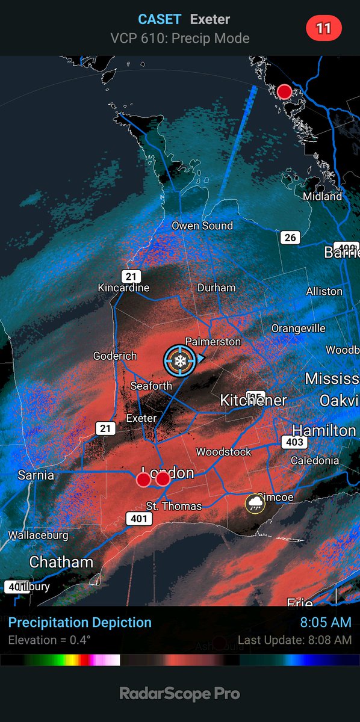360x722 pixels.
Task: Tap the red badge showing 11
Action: pyautogui.click(x=324, y=28)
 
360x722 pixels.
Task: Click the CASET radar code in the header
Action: pyautogui.click(x=160, y=19)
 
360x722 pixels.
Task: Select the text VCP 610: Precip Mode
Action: pyautogui.click(x=179, y=39)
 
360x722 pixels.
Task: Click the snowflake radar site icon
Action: pyautogui.click(x=179, y=360)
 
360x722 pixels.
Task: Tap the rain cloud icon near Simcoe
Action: pyautogui.click(x=255, y=503)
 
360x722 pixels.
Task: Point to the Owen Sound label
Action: pyautogui.click(x=202, y=226)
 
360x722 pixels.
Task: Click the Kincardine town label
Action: pyautogui.click(x=123, y=288)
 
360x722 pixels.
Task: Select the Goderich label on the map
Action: pyautogui.click(x=115, y=356)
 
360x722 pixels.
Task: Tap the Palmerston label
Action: pyautogui.click(x=213, y=342)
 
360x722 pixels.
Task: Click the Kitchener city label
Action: pyautogui.click(x=253, y=400)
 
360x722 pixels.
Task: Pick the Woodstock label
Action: pyautogui.click(x=223, y=451)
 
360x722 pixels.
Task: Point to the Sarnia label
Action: pyautogui.click(x=36, y=475)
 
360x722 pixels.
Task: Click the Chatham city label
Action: pyautogui.click(x=61, y=563)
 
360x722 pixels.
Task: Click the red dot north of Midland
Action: pyautogui.click(x=284, y=91)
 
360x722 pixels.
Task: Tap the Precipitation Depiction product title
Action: pyautogui.click(x=80, y=622)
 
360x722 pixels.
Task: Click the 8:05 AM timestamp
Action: pyautogui.click(x=326, y=622)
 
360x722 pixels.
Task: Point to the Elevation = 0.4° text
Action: pyautogui.click(x=49, y=640)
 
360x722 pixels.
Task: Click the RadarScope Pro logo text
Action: pyautogui.click(x=180, y=694)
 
